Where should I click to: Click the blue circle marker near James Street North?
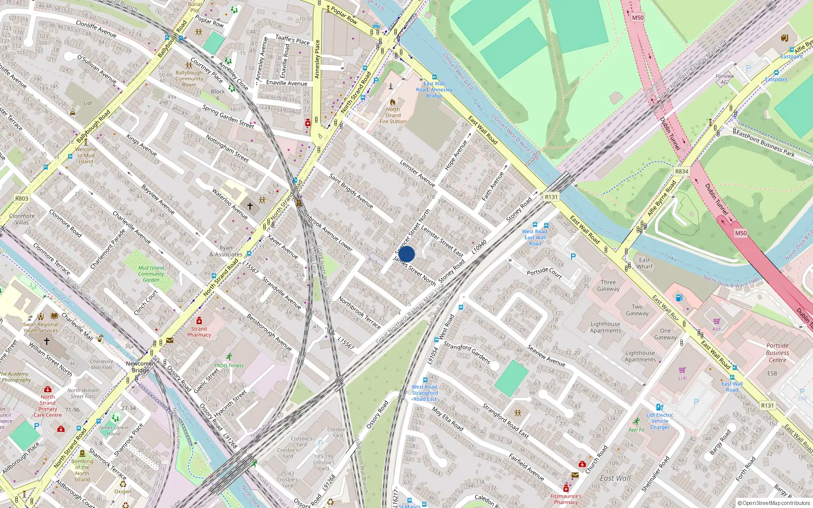pyautogui.click(x=406, y=254)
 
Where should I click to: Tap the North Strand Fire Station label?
pyautogui.click(x=393, y=115)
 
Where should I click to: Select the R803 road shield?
pyautogui.click(x=21, y=199)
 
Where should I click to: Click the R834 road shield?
pyautogui.click(x=681, y=172)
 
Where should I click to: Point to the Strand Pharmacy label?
pyautogui.click(x=199, y=332)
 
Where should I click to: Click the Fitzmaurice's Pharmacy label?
pyautogui.click(x=566, y=499)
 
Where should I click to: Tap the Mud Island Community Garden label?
pyautogui.click(x=151, y=274)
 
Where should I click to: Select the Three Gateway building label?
pyautogui.click(x=608, y=285)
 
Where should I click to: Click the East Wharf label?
pyautogui.click(x=644, y=263)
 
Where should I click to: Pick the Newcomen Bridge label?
pyautogui.click(x=141, y=367)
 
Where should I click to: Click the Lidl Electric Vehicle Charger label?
pyautogui.click(x=660, y=421)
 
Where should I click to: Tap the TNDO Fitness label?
pyautogui.click(x=229, y=365)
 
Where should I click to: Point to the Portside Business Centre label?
pyautogui.click(x=777, y=353)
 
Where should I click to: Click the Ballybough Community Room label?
pyautogui.click(x=189, y=79)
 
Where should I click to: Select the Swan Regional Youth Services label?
pyautogui.click(x=41, y=327)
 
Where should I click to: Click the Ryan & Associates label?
pyautogui.click(x=226, y=251)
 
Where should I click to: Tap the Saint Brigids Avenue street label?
pyautogui.click(x=351, y=191)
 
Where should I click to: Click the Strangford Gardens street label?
pyautogui.click(x=466, y=353)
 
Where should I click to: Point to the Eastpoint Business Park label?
pyautogui.click(x=765, y=143)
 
